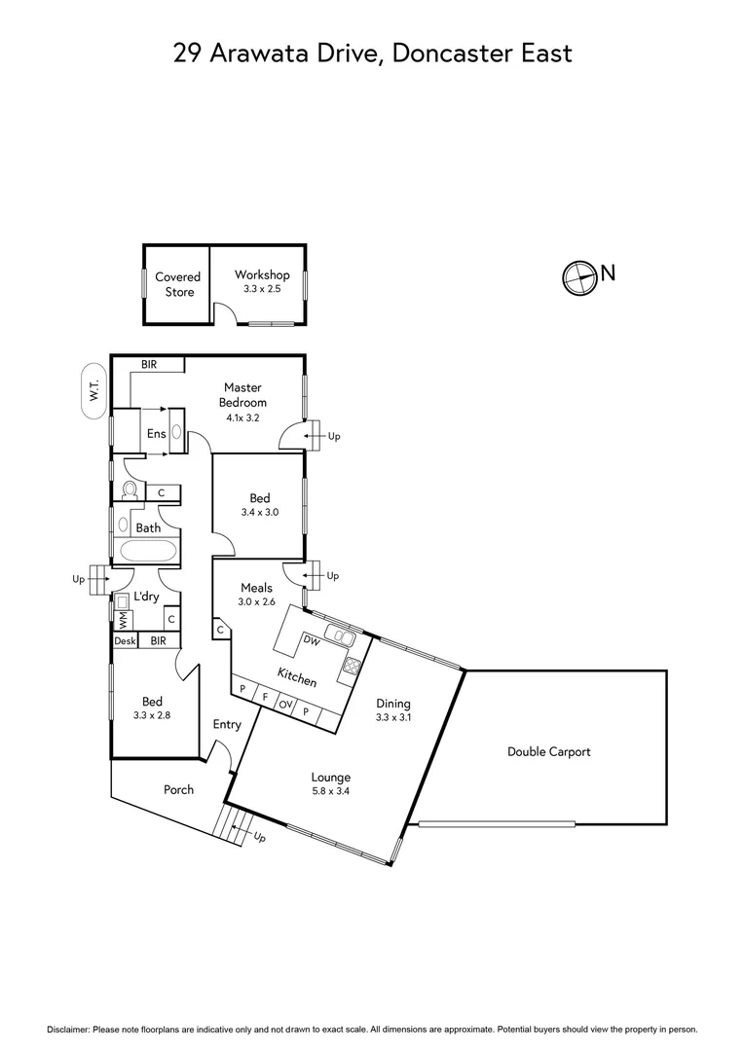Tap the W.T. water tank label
tap(94, 392)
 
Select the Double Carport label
tap(548, 751)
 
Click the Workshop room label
tap(262, 275)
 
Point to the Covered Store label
tap(177, 284)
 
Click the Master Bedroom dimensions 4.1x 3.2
tap(242, 417)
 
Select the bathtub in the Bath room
tap(148, 553)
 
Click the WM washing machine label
tap(123, 619)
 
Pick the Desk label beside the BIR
tap(125, 641)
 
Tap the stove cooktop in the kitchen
tap(351, 669)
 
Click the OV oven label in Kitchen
tap(286, 704)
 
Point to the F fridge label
tap(264, 697)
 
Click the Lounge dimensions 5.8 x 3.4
tap(330, 791)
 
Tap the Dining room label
tap(393, 704)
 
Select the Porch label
tap(178, 789)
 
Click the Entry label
tap(227, 724)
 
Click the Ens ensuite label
tap(156, 434)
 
